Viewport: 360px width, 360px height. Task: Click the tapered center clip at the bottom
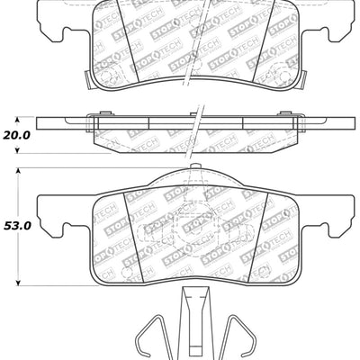click(x=195, y=319)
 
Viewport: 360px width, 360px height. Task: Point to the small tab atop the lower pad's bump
click(x=195, y=167)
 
